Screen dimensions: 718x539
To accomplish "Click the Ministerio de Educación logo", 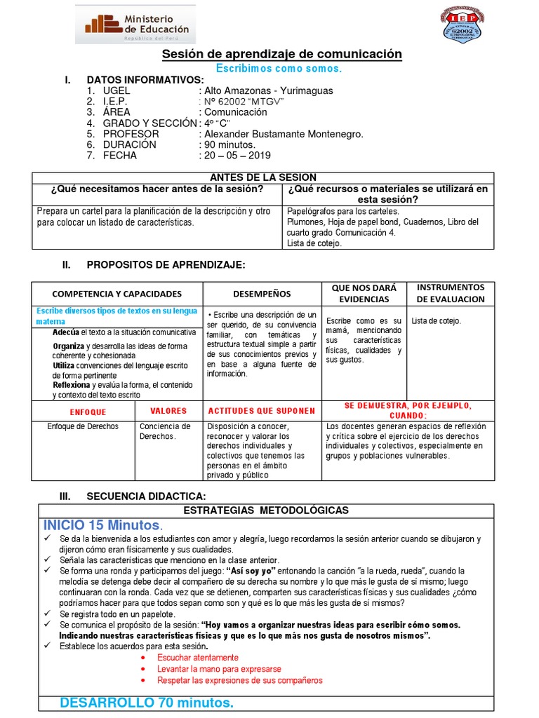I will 135,26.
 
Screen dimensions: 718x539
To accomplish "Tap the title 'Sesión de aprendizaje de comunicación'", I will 282,54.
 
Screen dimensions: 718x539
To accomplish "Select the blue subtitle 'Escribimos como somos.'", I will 279,69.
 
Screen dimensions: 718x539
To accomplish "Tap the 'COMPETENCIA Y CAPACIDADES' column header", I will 117,294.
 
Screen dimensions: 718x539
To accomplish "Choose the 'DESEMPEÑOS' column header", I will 262,294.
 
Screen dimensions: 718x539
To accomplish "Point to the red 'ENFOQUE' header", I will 83,412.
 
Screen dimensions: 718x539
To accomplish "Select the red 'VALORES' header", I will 168,411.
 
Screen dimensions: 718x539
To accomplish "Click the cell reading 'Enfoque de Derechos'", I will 83,426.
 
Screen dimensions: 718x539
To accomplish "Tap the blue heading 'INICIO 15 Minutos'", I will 102,525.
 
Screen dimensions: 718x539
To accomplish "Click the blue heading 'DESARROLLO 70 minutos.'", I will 146,703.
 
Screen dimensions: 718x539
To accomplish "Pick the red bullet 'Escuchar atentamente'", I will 198,658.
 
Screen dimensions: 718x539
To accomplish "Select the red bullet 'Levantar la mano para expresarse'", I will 219,669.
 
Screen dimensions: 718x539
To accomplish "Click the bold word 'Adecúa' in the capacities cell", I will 65,332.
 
